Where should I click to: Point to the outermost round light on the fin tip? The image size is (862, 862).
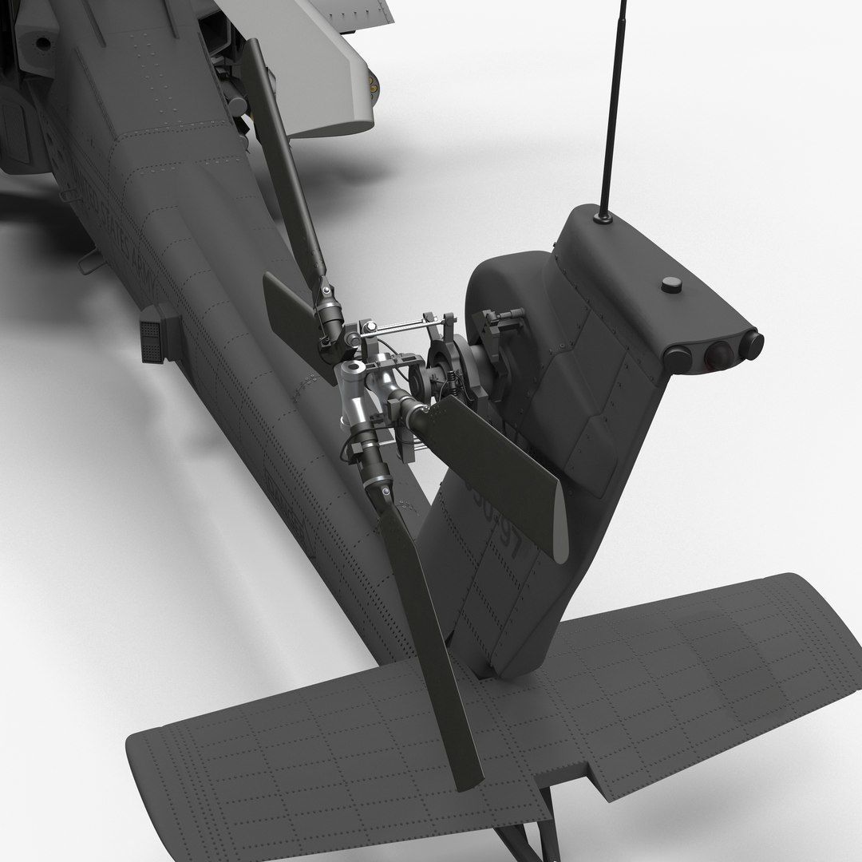(x=750, y=344)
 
